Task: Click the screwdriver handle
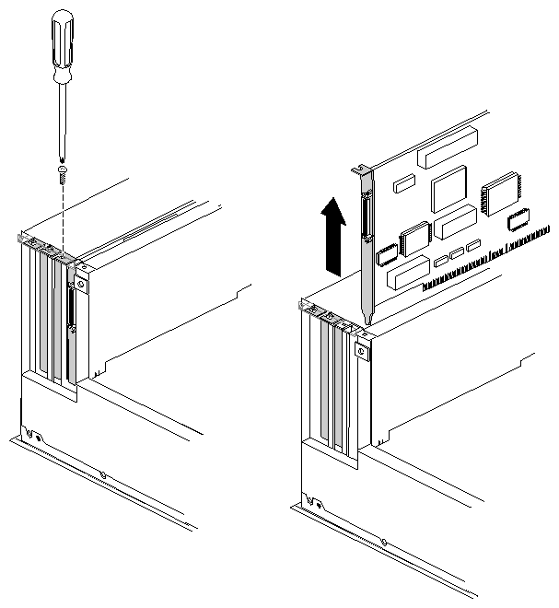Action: pos(62,42)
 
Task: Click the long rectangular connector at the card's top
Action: pos(447,146)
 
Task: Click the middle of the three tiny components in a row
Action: pos(457,252)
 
